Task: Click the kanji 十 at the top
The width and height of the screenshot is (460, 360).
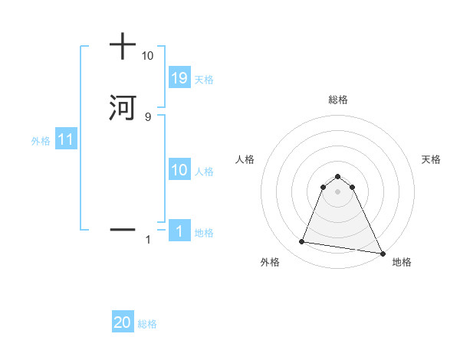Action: [123, 46]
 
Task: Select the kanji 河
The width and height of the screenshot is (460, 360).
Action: [123, 106]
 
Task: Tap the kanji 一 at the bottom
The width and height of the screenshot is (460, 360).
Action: [123, 229]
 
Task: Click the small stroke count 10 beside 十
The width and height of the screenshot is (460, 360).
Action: [147, 56]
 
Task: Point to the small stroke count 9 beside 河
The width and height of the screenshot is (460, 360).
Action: [147, 116]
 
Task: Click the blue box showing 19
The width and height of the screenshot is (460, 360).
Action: [179, 78]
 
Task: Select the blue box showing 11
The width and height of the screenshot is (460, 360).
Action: [66, 140]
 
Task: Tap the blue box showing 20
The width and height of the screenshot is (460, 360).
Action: [123, 323]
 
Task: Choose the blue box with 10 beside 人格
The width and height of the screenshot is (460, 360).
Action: [179, 170]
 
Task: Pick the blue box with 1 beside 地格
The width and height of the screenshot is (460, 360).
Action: [179, 231]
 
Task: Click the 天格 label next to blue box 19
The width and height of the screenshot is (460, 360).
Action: [204, 80]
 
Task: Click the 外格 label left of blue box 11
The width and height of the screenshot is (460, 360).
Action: [41, 141]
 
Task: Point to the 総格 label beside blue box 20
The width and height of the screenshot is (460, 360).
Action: [147, 324]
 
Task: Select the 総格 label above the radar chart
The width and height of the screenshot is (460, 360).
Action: [338, 100]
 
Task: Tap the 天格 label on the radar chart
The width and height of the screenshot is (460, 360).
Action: [432, 159]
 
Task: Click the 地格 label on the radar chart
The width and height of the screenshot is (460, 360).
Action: [402, 262]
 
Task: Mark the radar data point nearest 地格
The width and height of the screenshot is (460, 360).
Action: [383, 254]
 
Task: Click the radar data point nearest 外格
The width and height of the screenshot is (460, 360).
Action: [302, 242]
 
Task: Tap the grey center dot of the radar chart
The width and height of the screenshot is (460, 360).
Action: [338, 191]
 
